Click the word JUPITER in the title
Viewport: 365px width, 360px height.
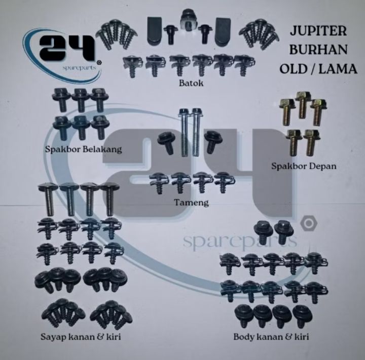pos(318,31)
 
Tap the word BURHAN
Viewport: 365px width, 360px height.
pos(318,50)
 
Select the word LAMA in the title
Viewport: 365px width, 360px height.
pos(338,69)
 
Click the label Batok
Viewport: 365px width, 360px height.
pos(191,83)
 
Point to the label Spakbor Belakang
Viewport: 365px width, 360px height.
pos(83,149)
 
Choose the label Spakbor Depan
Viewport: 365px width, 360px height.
pos(304,166)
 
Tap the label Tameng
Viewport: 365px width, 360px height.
pos(192,203)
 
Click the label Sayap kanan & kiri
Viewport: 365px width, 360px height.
pos(81,337)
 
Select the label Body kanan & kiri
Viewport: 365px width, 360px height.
pos(271,337)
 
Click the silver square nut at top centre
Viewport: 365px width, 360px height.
pos(189,20)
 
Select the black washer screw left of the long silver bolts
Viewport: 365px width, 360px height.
pos(165,143)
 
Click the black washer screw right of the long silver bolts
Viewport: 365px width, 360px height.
pos(213,142)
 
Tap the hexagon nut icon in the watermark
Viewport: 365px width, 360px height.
pos(309,223)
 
